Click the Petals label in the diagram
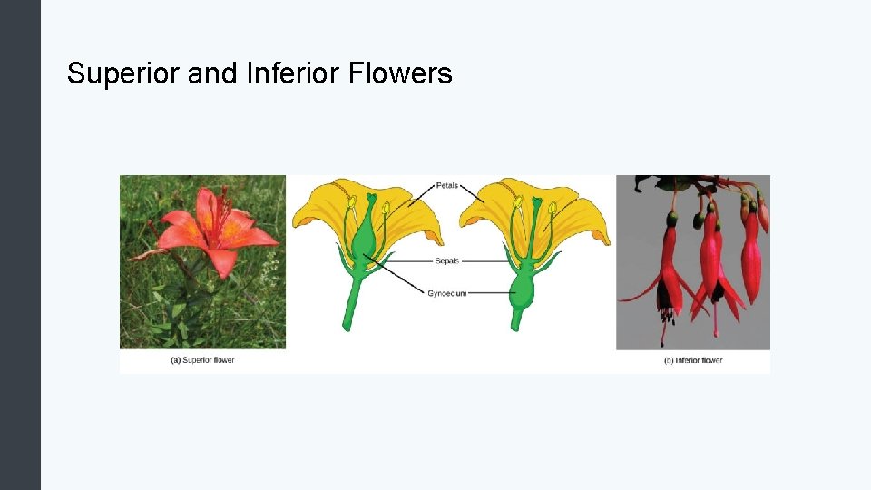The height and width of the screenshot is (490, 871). coord(447,186)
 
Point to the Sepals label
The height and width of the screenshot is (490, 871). coord(447,261)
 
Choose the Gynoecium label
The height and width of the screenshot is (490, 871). coord(446,293)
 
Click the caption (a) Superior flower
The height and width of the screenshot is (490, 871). coord(202,360)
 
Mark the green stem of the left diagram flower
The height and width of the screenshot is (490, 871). coord(350,304)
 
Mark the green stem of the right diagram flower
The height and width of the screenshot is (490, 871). coord(518,318)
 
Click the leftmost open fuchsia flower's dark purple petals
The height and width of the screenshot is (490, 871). coord(664,295)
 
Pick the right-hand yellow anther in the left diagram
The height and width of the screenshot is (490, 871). coord(386,209)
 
